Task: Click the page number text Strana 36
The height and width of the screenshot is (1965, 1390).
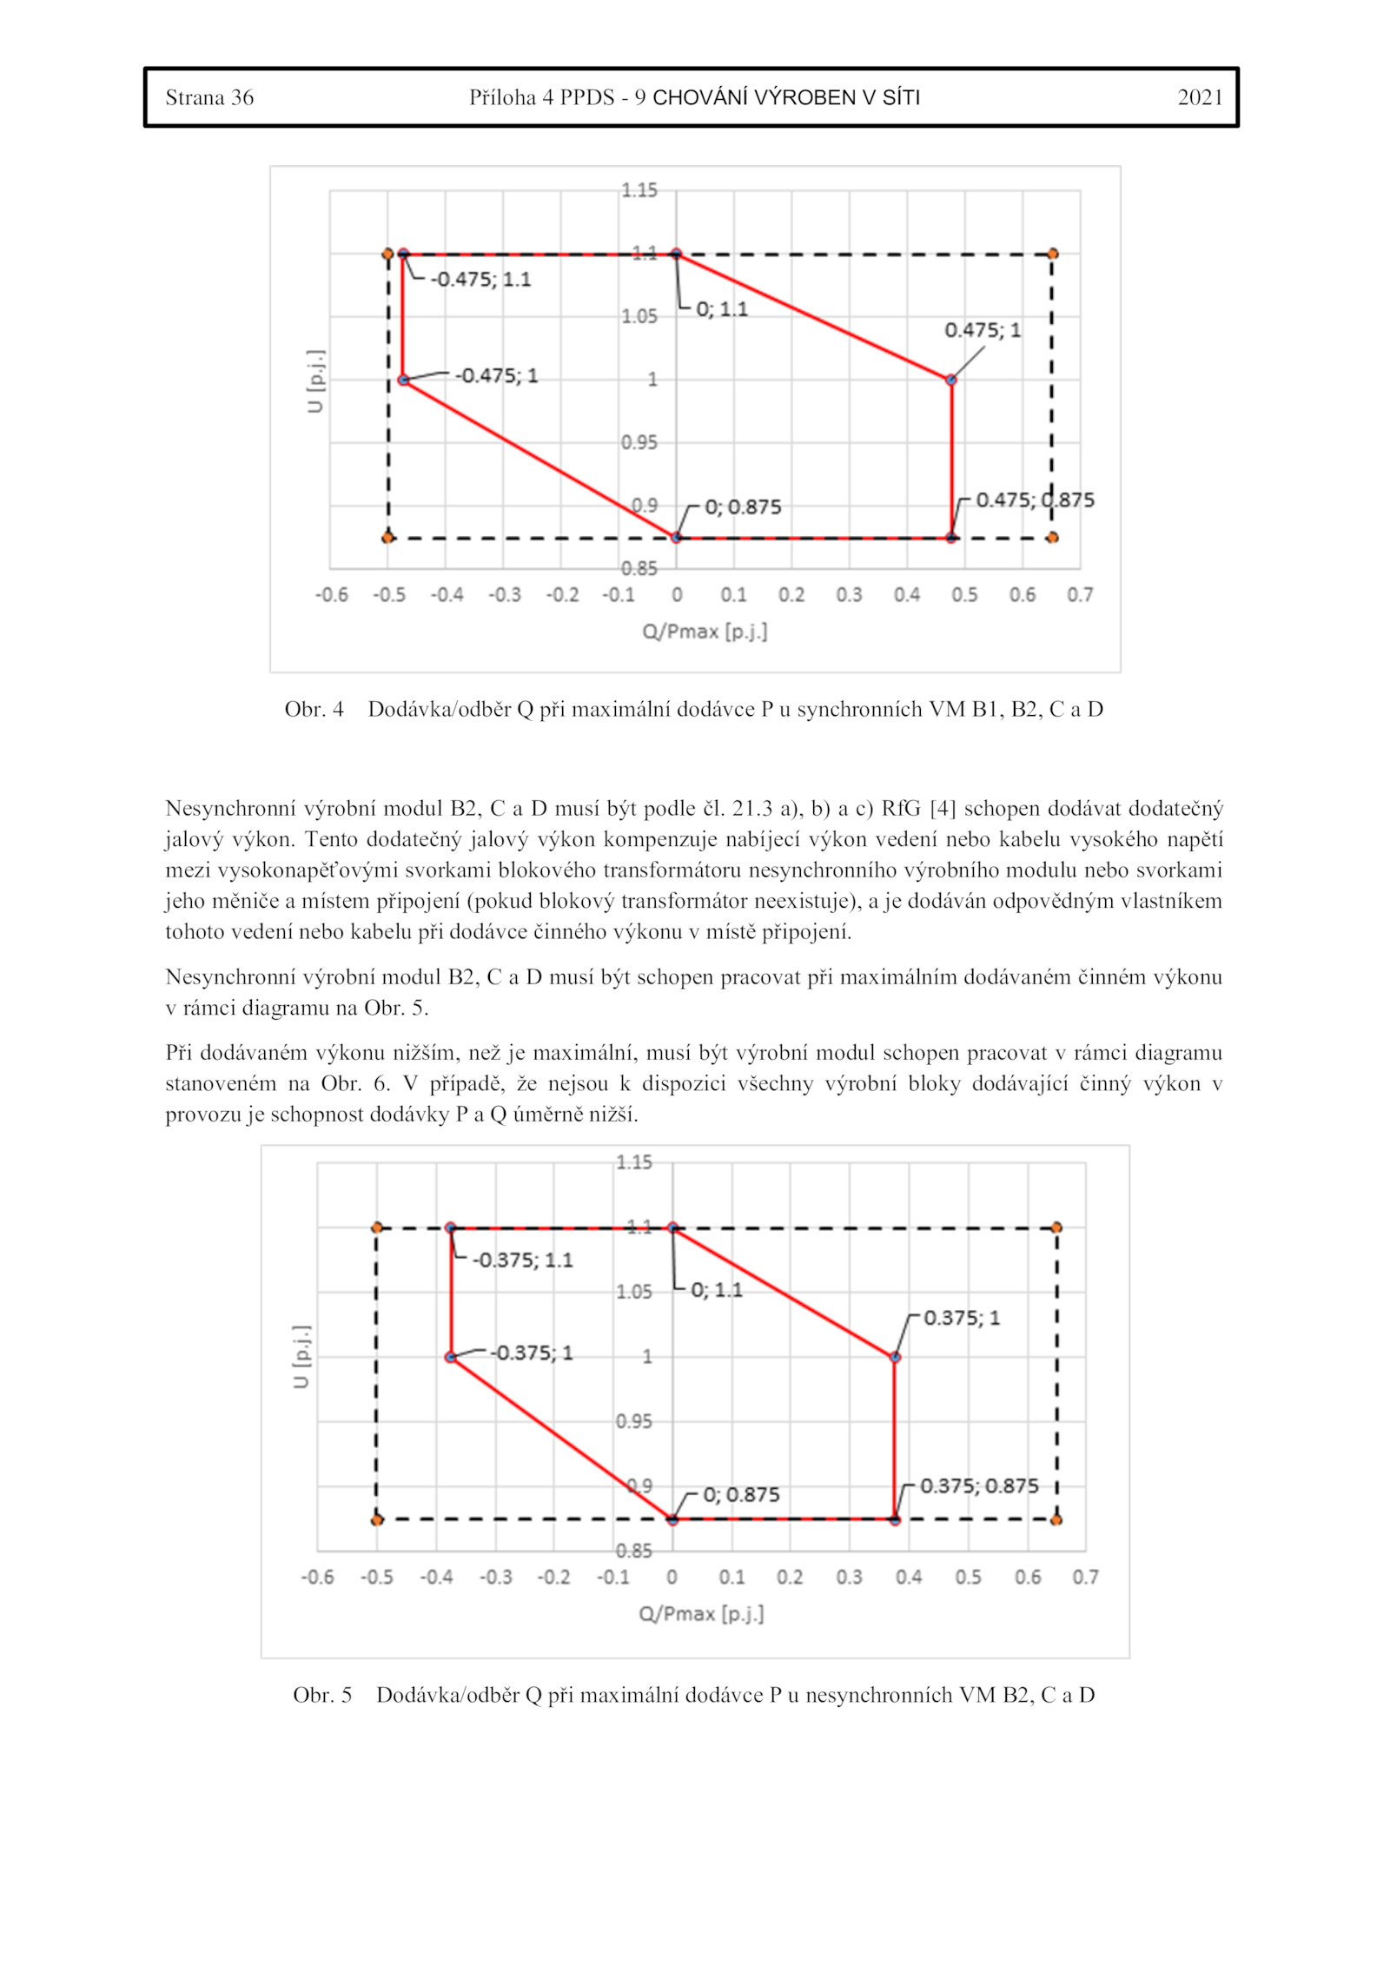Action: click(209, 97)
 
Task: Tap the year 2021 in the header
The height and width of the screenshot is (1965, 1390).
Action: click(1200, 97)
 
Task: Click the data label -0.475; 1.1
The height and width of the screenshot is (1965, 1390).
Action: click(480, 280)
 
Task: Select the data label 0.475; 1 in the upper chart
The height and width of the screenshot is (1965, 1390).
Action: click(983, 330)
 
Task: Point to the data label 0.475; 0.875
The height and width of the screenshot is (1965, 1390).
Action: click(1035, 500)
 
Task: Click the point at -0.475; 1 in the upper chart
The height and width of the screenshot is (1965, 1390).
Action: click(403, 380)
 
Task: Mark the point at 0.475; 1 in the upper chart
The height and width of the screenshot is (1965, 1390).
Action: click(951, 380)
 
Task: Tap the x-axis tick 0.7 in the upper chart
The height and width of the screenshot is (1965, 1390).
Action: click(1080, 595)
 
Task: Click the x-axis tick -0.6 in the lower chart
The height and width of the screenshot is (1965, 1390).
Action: click(317, 1577)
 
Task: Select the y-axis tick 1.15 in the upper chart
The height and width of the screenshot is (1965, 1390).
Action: click(639, 190)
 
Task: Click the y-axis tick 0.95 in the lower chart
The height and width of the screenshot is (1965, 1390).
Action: click(633, 1421)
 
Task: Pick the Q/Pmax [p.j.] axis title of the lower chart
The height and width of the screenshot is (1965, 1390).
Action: click(701, 1614)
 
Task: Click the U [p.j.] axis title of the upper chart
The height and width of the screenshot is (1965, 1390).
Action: click(315, 381)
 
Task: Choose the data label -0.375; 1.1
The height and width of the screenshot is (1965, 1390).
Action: click(522, 1260)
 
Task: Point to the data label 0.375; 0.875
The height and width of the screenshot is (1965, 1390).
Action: click(979, 1485)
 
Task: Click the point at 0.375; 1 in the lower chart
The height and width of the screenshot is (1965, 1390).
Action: click(895, 1357)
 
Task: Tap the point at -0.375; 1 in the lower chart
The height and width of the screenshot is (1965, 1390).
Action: click(451, 1357)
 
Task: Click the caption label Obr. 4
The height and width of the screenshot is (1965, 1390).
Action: click(314, 710)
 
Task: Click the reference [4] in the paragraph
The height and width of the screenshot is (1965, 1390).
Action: click(942, 809)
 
